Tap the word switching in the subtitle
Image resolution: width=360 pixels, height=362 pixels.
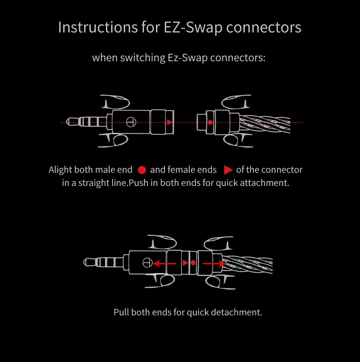[142, 58]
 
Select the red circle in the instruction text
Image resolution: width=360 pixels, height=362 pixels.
[142, 170]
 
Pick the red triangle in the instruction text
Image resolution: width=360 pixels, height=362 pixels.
[228, 170]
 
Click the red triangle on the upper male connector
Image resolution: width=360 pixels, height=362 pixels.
[169, 122]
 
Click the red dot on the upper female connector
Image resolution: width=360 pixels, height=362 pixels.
[210, 122]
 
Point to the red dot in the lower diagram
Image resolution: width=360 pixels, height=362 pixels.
[193, 263]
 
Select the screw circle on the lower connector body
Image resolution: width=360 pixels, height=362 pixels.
[147, 262]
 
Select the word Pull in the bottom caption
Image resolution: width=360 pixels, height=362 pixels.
[121, 312]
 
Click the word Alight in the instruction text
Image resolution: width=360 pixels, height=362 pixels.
[60, 170]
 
